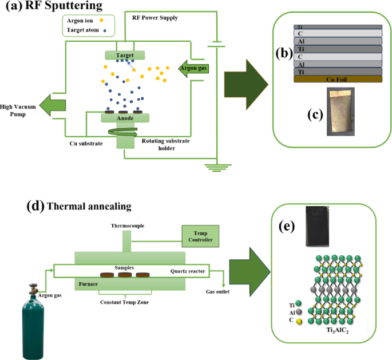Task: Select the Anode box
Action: [x=125, y=118]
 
